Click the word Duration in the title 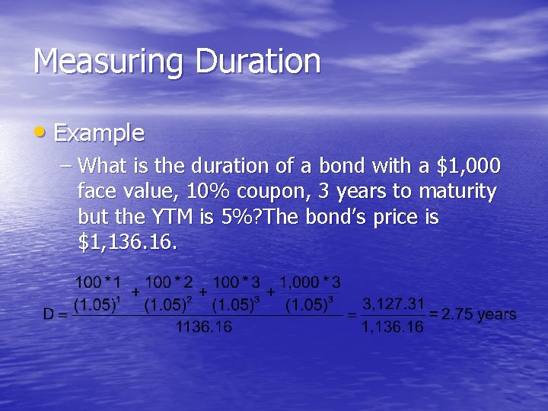pos(258,61)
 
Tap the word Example pos(99,133)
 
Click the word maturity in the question pos(456,191)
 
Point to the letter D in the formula pos(49,314)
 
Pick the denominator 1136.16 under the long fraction pos(203,327)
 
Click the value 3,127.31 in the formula pos(393,304)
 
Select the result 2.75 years pos(479,314)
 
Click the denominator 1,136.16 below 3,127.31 pos(393,327)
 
